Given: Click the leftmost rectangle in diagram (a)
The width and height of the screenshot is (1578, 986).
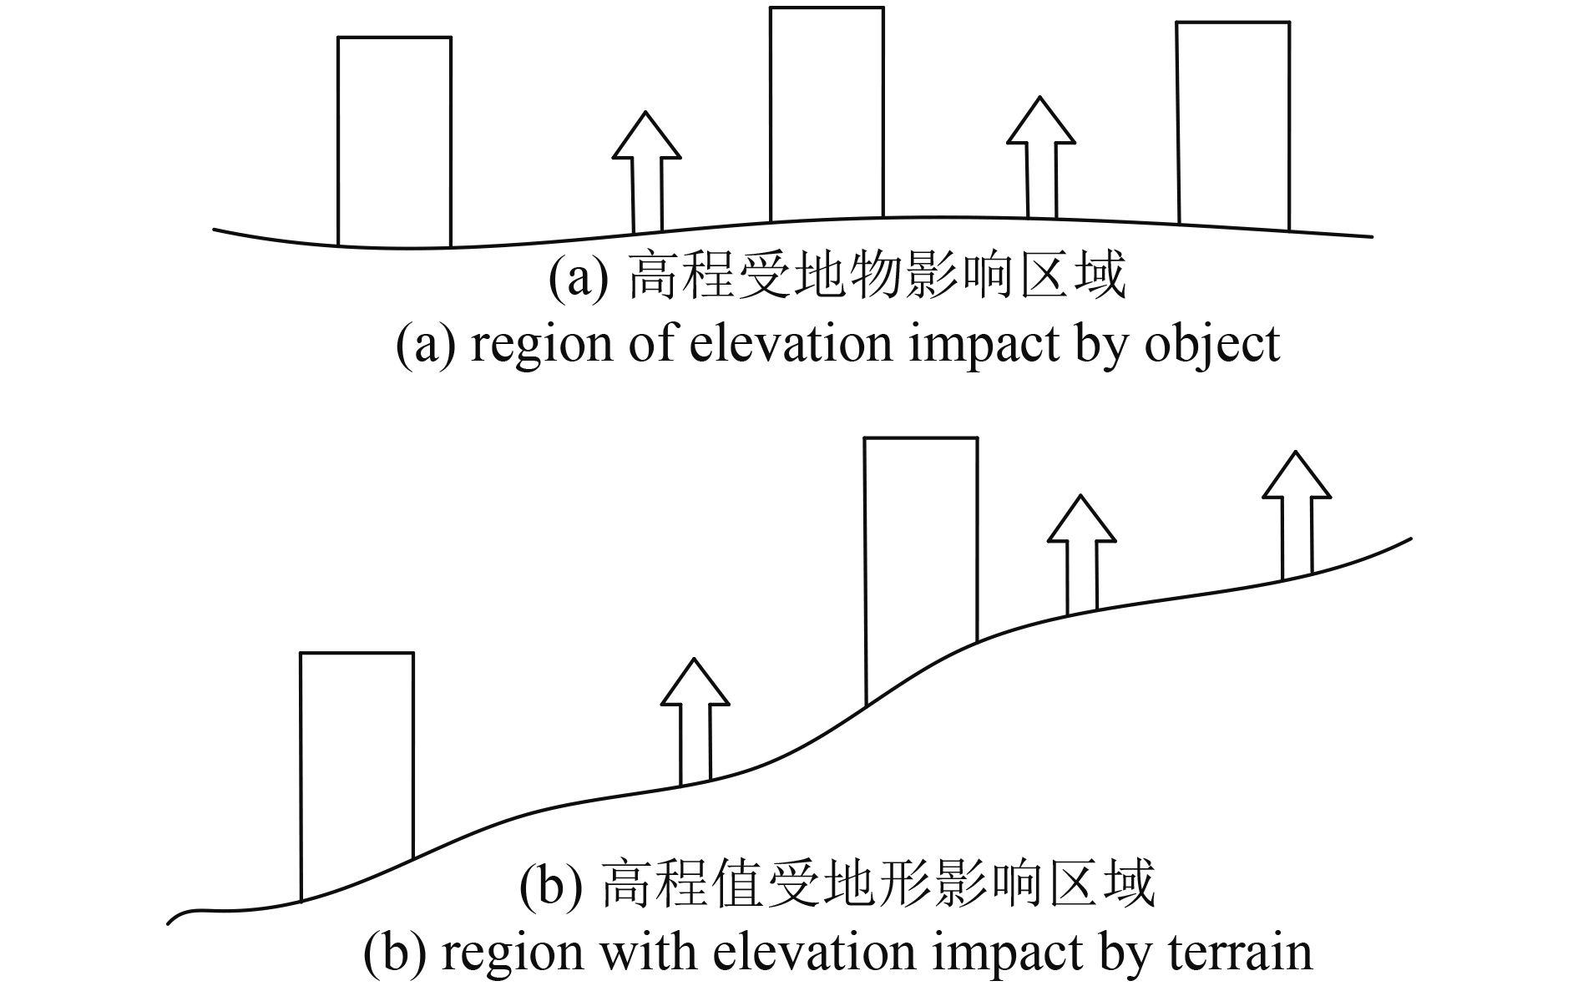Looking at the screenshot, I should [x=394, y=142].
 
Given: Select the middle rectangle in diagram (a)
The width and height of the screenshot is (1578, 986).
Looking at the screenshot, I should [x=827, y=114].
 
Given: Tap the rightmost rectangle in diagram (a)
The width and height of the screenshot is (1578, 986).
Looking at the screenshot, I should [x=1233, y=125].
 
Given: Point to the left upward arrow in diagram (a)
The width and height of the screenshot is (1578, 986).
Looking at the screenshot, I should [x=647, y=171].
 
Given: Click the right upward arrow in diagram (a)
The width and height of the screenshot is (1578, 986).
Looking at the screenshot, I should [x=1041, y=156].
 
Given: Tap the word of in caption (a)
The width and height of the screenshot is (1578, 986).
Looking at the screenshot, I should [x=655, y=344].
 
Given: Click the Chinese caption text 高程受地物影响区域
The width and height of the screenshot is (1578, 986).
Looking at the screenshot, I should [x=877, y=278].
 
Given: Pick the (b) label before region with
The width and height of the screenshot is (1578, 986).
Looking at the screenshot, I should [x=393, y=953].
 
